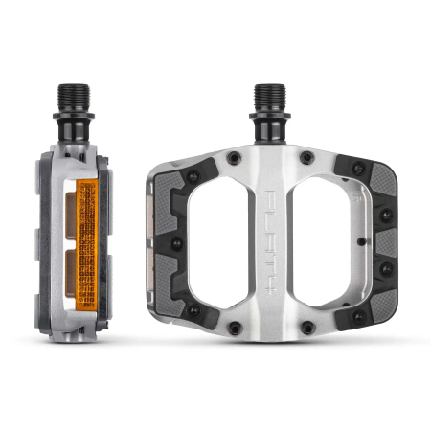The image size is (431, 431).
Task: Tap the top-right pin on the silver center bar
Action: [x=306, y=156]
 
